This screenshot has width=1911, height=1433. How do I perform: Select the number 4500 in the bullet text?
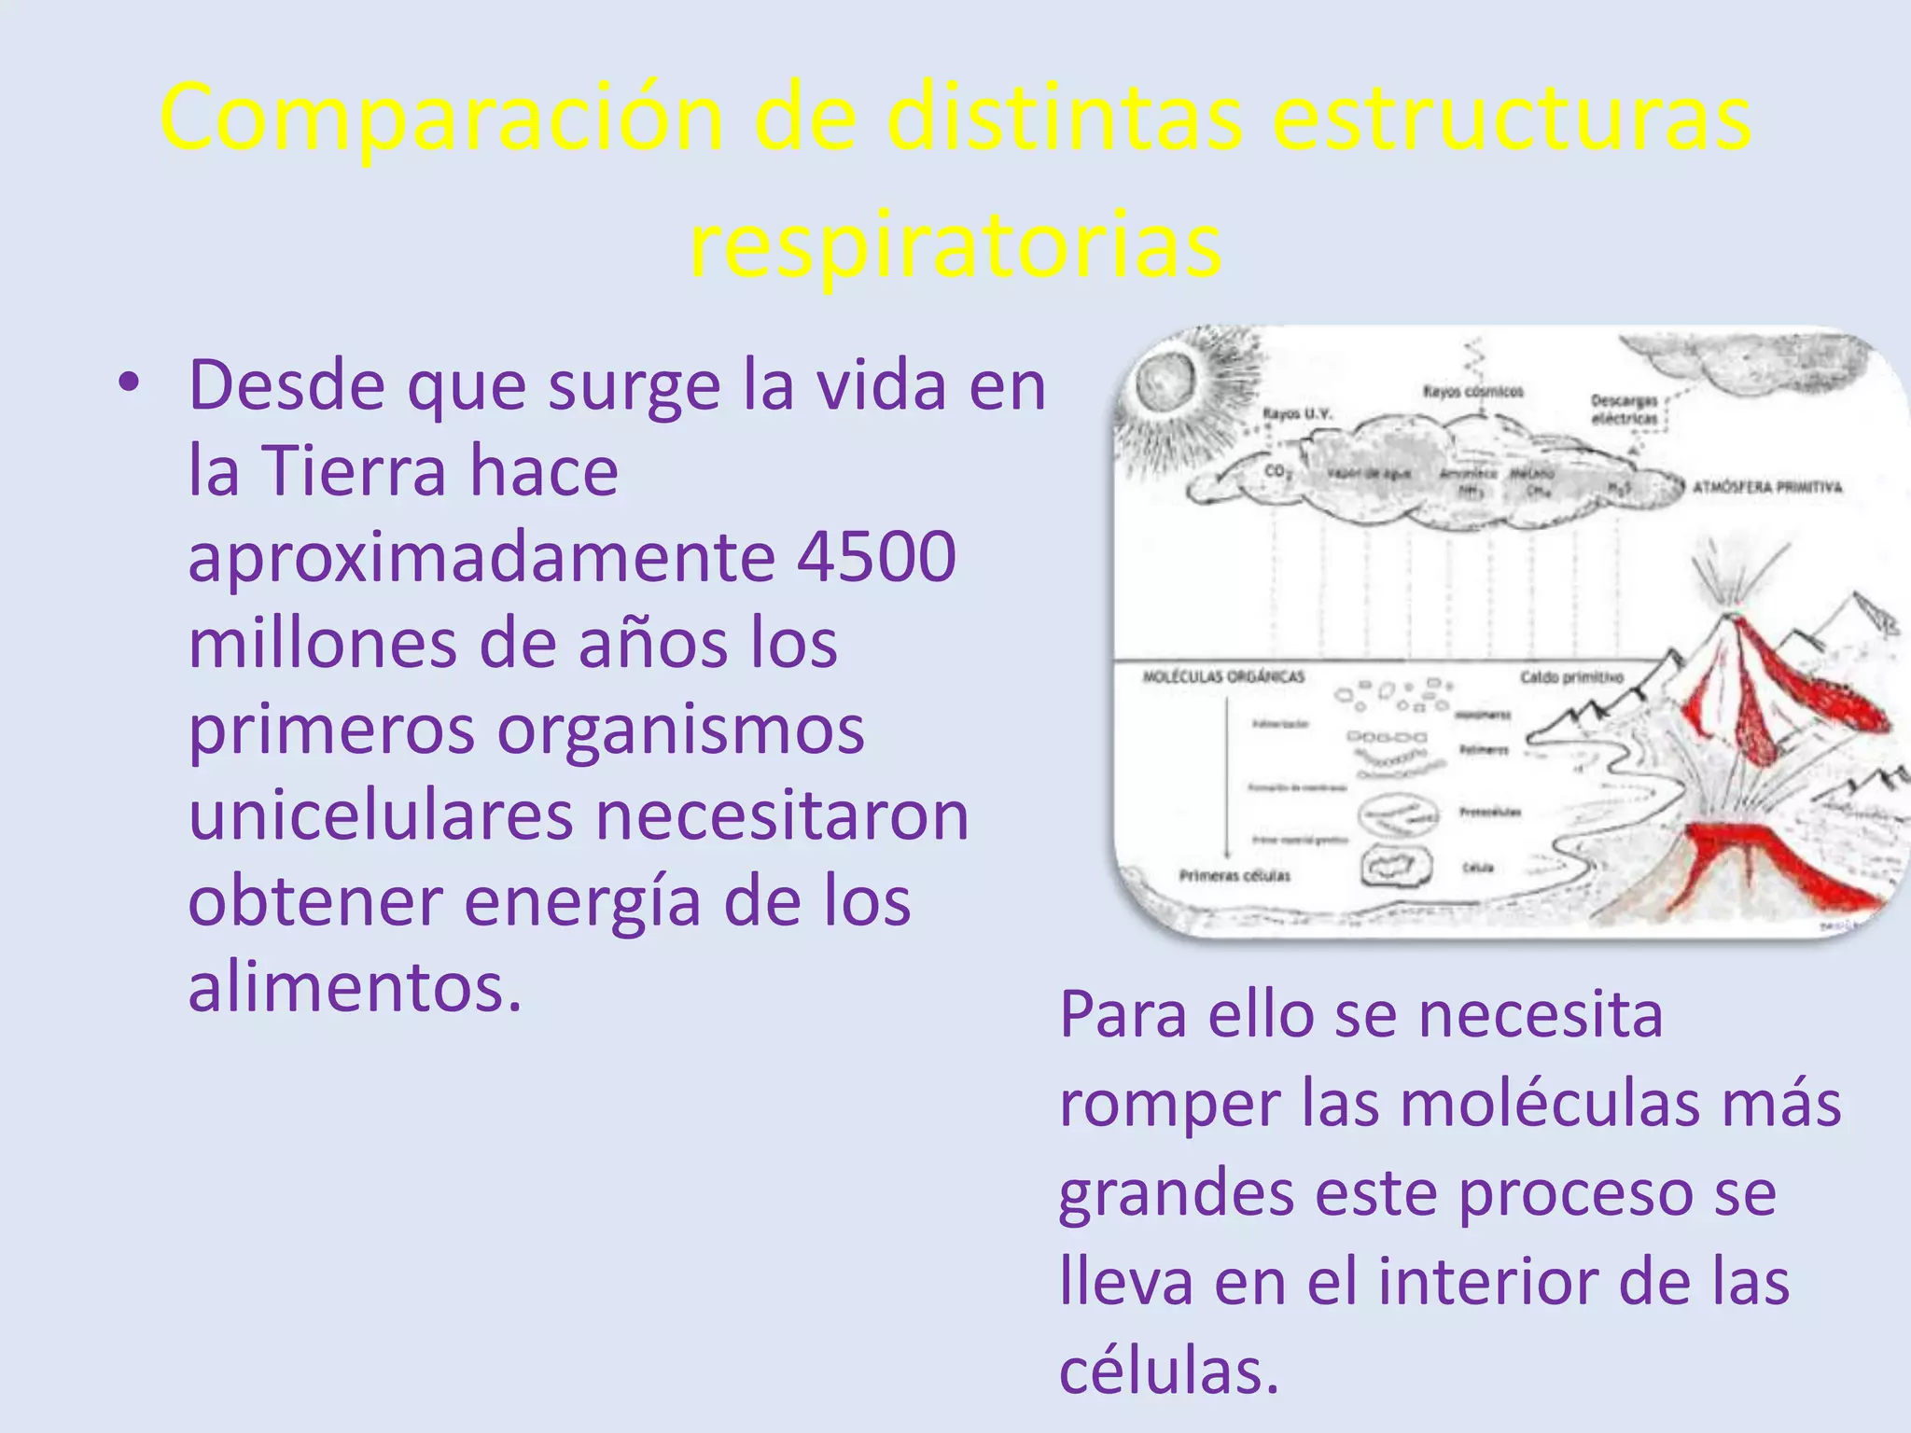(x=877, y=557)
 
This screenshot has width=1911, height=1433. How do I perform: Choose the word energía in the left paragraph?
(x=582, y=901)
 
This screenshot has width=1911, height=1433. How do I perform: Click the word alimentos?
(x=355, y=987)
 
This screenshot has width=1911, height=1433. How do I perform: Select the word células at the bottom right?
(x=1168, y=1370)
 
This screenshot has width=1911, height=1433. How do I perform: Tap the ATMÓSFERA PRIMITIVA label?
(x=1767, y=487)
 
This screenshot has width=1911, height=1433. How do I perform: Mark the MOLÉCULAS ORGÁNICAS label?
(x=1223, y=677)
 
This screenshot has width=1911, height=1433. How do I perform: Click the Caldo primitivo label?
(x=1571, y=677)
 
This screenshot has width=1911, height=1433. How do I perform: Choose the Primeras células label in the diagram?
(x=1234, y=876)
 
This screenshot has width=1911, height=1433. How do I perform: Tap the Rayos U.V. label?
(x=1297, y=413)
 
